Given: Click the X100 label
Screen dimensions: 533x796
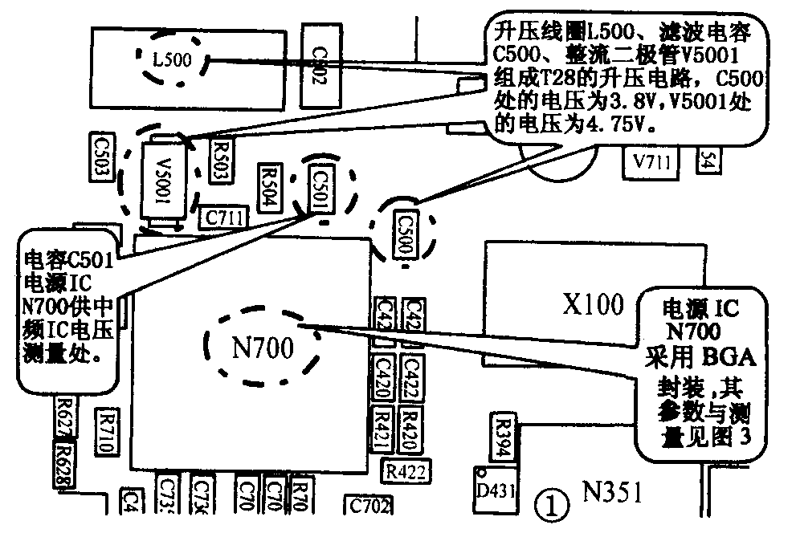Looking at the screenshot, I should point(592,304).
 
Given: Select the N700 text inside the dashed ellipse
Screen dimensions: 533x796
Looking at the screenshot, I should point(263,348).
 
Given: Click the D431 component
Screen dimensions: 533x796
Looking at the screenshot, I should point(492,489).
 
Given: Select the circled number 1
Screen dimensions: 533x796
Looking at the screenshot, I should point(551,506).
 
